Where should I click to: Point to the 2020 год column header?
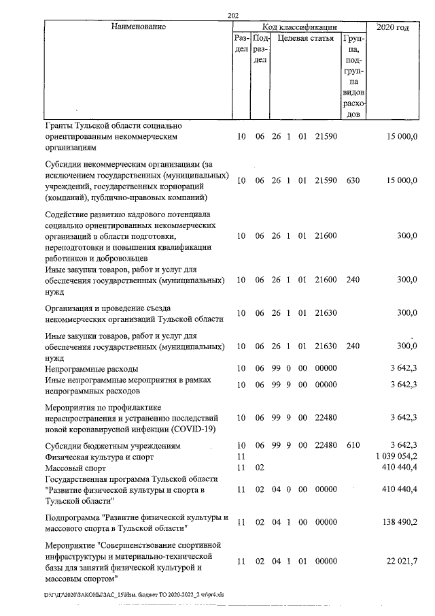click(394, 27)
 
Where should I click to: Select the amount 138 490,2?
click(398, 522)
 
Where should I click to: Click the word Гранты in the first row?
click(59, 126)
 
